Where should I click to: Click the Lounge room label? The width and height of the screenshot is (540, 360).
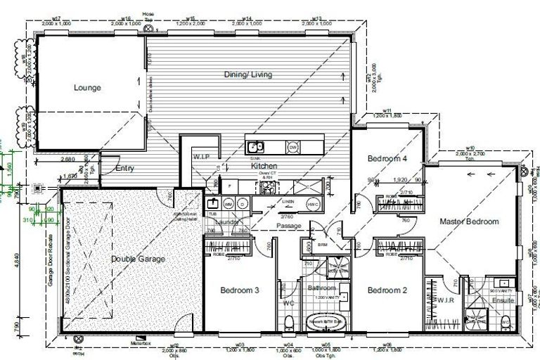coord(87,88)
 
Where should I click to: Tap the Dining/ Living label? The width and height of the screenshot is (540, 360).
coord(248,74)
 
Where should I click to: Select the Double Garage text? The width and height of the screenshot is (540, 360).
coord(138,259)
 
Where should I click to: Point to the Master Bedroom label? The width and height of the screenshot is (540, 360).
coord(469,221)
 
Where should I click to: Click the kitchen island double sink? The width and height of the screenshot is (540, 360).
coord(257,147)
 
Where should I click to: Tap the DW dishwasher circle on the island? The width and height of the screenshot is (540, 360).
coord(292,147)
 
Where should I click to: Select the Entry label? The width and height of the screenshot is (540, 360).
coord(124,169)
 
